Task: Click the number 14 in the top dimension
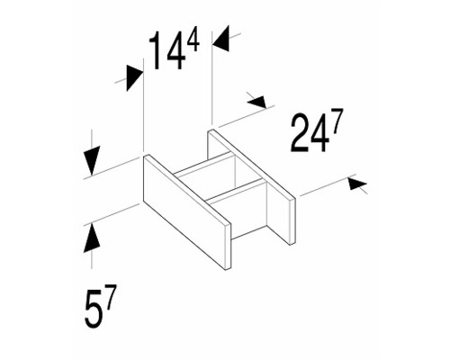click(166, 50)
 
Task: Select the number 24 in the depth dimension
click(309, 133)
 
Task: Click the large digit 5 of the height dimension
click(93, 309)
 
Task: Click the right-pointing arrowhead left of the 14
click(134, 78)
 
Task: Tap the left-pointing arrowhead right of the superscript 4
click(220, 39)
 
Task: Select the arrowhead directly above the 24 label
click(257, 101)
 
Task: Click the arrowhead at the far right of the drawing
click(357, 184)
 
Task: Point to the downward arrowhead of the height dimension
click(92, 160)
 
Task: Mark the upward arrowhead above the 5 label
click(92, 238)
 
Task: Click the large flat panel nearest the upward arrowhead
click(186, 211)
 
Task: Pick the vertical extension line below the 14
click(144, 105)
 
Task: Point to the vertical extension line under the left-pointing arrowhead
click(212, 77)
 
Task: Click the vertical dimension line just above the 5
click(92, 260)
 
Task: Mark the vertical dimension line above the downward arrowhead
click(92, 138)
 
